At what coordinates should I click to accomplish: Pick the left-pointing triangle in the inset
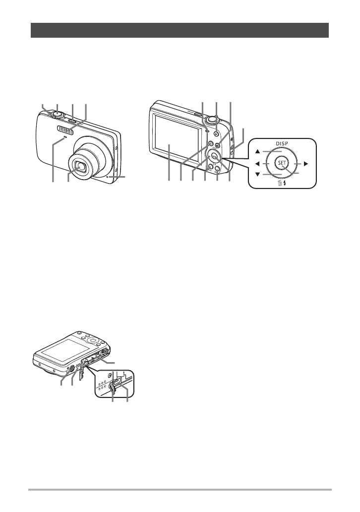tap(257, 163)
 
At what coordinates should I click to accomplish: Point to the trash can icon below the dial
tap(279, 184)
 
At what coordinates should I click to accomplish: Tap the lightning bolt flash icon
tap(285, 184)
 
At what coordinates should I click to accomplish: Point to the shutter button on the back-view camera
tap(212, 119)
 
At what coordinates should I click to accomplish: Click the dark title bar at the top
tap(180, 30)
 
